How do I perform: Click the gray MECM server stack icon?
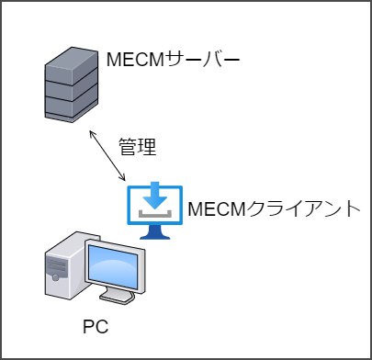pyautogui.click(x=72, y=84)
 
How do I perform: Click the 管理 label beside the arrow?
pyautogui.click(x=138, y=145)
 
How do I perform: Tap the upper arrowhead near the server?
pyautogui.click(x=90, y=133)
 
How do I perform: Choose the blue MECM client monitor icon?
pyautogui.click(x=153, y=209)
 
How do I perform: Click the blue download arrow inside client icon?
pyautogui.click(x=153, y=196)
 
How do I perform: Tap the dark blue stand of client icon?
pyautogui.click(x=153, y=233)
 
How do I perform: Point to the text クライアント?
pyautogui.click(x=308, y=208)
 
